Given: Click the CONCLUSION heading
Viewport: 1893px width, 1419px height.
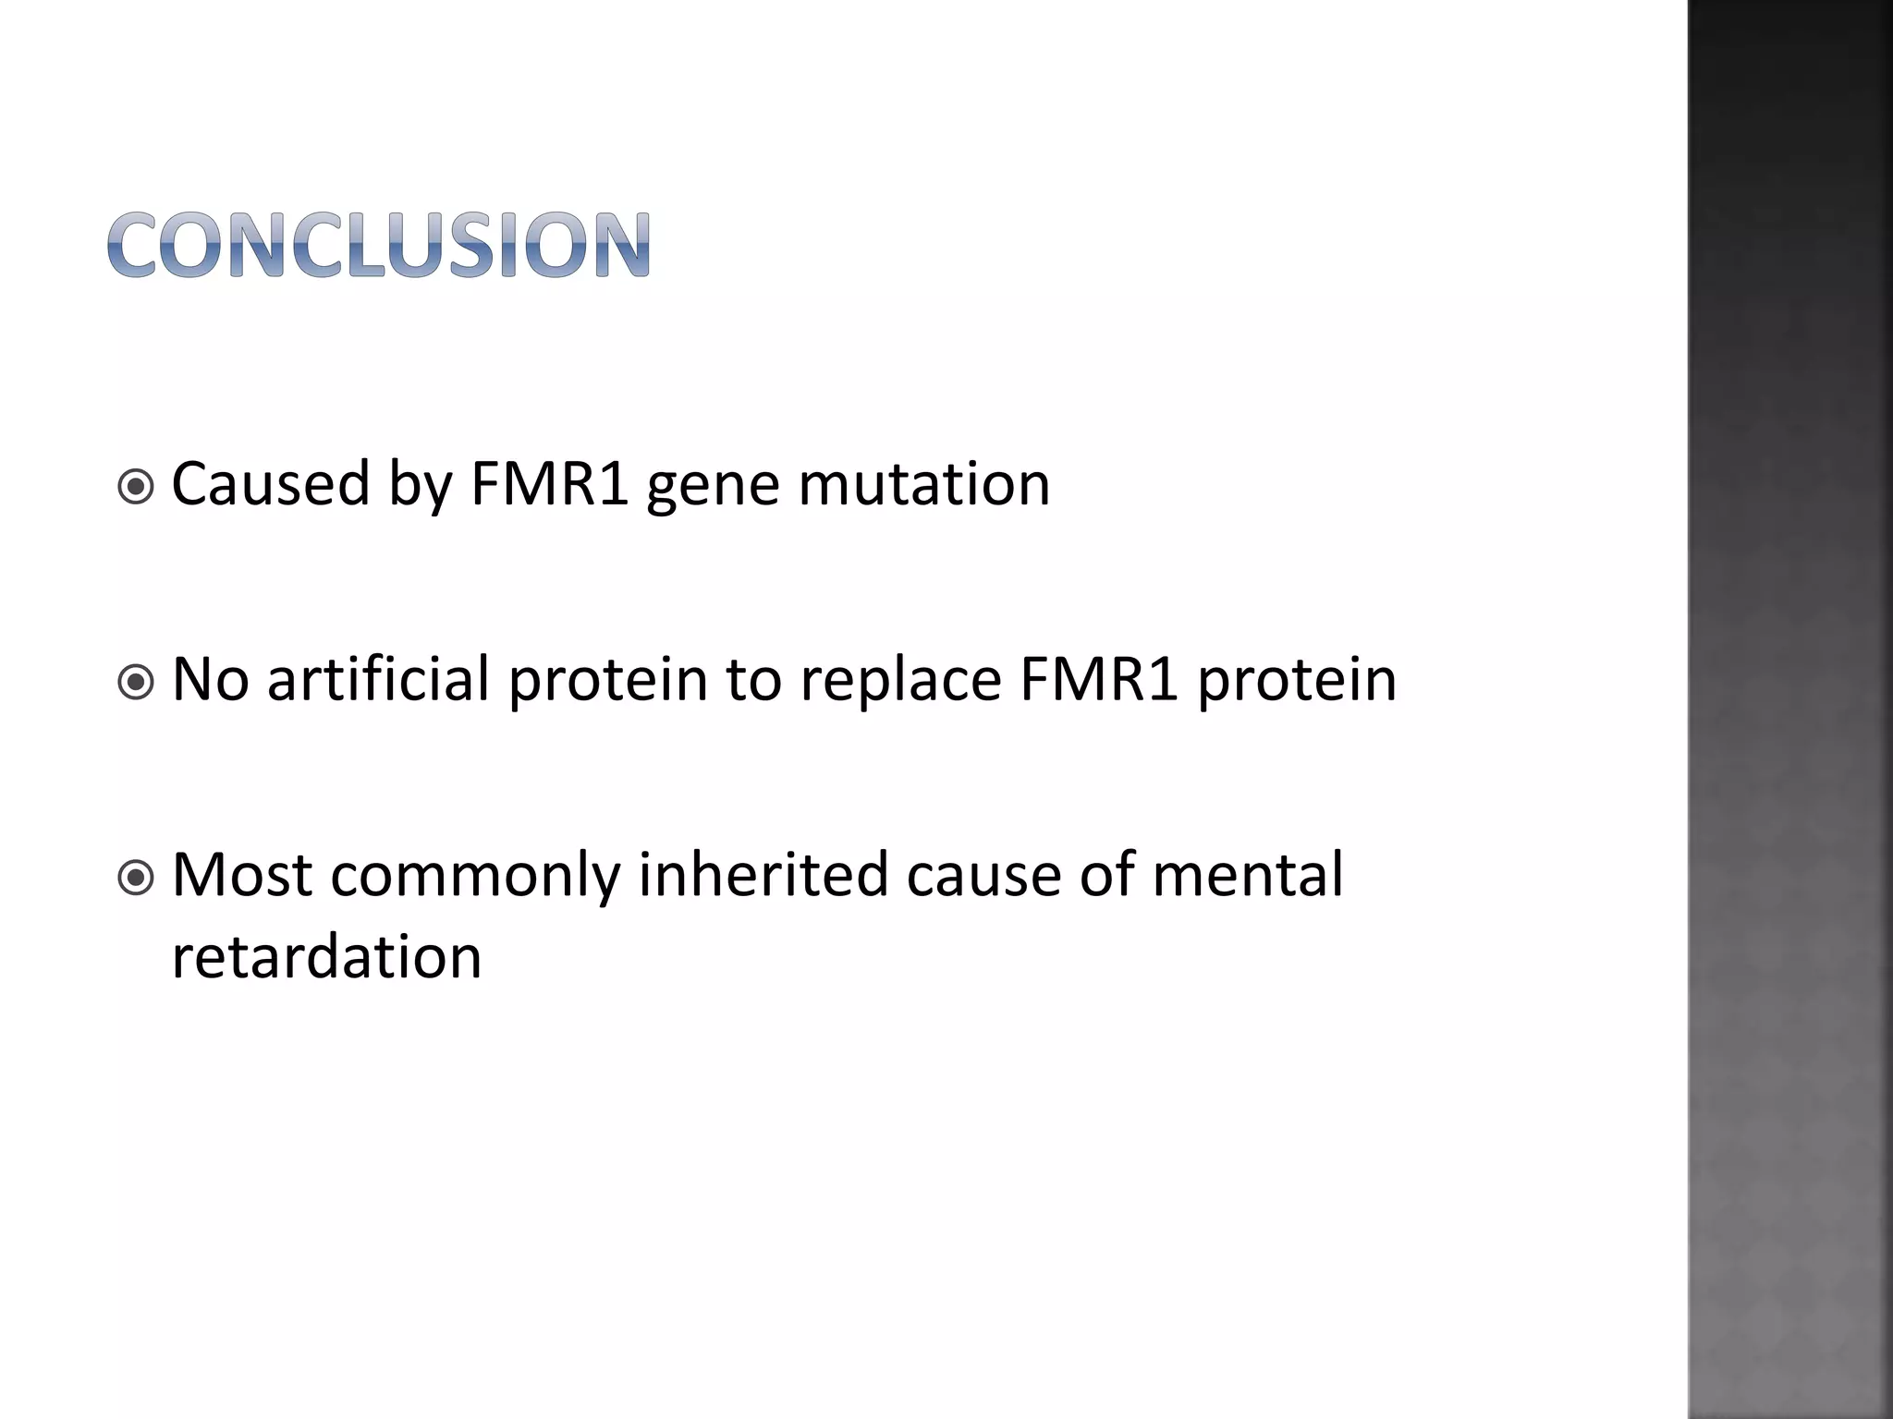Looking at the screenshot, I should (379, 245).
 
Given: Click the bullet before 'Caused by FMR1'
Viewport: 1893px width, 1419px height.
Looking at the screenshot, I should (137, 487).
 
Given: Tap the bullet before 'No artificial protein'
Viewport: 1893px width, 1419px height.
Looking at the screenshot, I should (137, 684).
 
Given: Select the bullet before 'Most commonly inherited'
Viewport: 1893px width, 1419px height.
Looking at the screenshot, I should (137, 879).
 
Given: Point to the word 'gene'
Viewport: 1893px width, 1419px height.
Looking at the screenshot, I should (712, 485).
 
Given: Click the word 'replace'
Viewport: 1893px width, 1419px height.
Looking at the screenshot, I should (900, 681).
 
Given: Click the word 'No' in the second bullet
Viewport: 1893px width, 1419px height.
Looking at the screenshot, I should (211, 679).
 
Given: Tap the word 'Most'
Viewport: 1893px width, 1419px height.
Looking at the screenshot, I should (242, 875).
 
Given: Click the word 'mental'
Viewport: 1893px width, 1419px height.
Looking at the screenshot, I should (1247, 875).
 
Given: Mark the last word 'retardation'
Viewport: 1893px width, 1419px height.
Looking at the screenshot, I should (326, 956).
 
